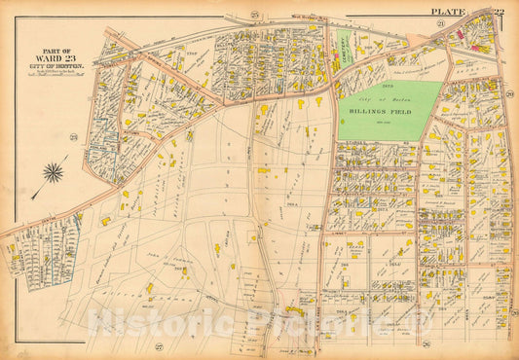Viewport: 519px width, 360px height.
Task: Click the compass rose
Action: click(53, 173)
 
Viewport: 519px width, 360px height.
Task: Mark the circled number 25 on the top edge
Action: click(254, 14)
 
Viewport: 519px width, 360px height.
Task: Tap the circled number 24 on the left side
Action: click(73, 135)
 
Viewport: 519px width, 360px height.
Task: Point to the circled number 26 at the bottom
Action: click(426, 344)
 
